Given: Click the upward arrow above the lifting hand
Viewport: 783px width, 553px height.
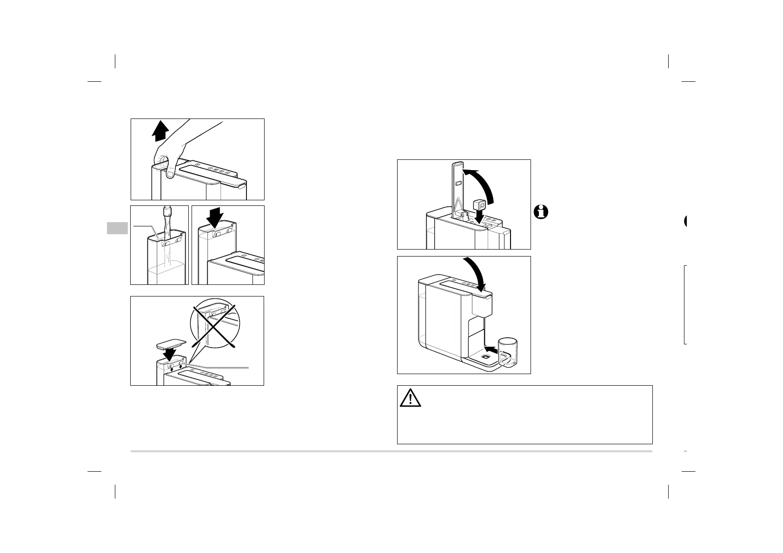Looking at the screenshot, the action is [159, 130].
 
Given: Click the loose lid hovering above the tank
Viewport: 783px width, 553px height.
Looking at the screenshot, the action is [171, 344].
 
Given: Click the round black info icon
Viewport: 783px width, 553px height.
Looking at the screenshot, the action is [541, 212].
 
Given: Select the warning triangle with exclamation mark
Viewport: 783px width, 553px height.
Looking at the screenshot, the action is [410, 398].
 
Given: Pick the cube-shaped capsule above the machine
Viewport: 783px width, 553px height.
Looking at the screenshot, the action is [479, 204].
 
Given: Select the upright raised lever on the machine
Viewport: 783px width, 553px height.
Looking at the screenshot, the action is [458, 191].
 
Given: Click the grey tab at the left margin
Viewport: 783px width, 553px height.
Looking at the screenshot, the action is [117, 228].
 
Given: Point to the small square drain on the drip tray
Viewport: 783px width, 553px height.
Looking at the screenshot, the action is [485, 357].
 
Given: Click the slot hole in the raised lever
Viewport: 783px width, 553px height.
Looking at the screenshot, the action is [458, 184].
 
